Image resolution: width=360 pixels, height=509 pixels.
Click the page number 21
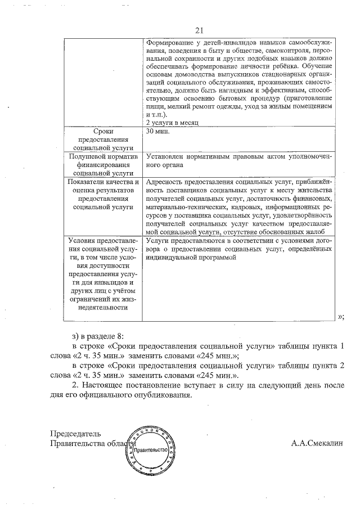199,30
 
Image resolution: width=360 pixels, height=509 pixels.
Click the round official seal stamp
149,451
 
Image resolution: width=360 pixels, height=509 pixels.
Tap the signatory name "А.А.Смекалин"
317,443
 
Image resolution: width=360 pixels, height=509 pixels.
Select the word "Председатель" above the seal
75,434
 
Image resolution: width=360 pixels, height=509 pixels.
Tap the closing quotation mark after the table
340,317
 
